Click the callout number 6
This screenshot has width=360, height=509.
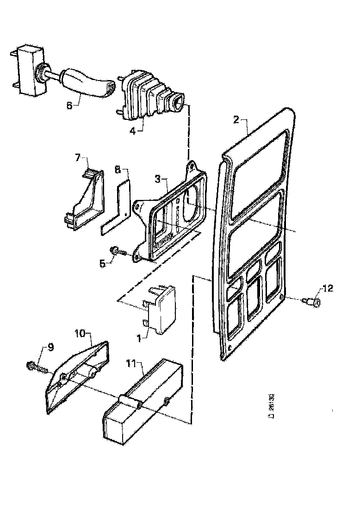[x=70, y=105]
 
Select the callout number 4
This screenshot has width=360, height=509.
[x=133, y=130]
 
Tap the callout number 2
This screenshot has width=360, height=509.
[x=236, y=120]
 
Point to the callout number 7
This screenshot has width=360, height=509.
[x=78, y=158]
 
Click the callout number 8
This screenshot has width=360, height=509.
[x=118, y=170]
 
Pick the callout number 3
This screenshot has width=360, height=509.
[x=158, y=179]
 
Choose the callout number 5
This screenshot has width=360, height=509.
[x=102, y=264]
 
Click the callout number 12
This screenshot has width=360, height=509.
[x=328, y=289]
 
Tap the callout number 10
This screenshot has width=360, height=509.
[x=80, y=333]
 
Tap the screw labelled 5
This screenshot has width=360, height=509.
[x=118, y=251]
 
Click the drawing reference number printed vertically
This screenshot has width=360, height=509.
[x=272, y=405]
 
